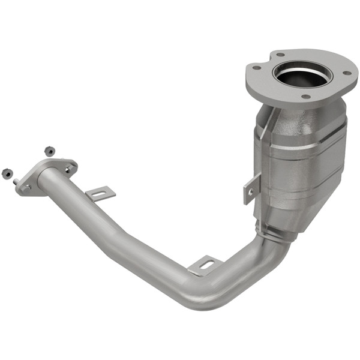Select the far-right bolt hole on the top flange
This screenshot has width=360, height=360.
click(x=346, y=73)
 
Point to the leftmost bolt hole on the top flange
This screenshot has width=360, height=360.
click(x=257, y=68)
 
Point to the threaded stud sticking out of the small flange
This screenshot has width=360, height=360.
click(x=17, y=181)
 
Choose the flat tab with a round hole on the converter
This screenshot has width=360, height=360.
click(x=251, y=189)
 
